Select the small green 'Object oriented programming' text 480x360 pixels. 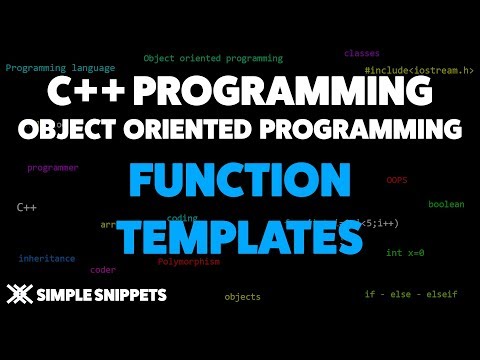pyautogui.click(x=213, y=58)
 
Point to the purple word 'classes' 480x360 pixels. pyautogui.click(x=361, y=52)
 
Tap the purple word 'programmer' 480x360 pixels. pyautogui.click(x=52, y=168)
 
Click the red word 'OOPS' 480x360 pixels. pyautogui.click(x=397, y=180)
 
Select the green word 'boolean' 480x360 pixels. pyautogui.click(x=446, y=204)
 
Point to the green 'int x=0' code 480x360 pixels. pyautogui.click(x=405, y=253)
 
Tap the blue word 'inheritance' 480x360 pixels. pyautogui.click(x=46, y=258)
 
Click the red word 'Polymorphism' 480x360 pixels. pyautogui.click(x=188, y=261)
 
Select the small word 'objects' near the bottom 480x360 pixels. pyautogui.click(x=242, y=296)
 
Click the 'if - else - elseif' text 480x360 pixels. pyautogui.click(x=409, y=295)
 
